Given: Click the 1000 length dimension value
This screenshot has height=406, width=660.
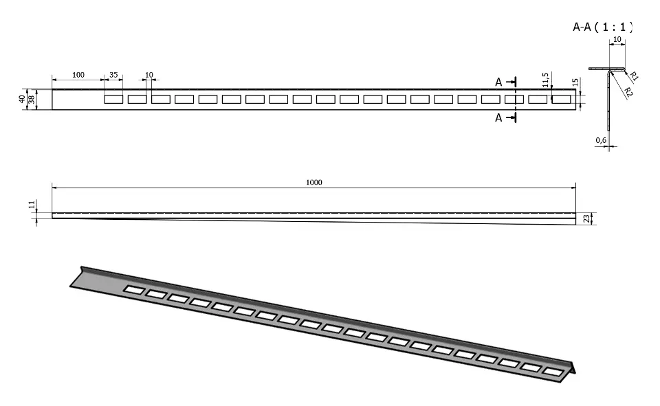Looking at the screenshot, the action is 314,182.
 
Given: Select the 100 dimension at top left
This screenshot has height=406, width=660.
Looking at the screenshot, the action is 78,75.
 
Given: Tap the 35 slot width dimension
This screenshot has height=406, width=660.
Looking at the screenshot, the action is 113,75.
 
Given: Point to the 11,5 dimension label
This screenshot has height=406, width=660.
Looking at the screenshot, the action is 545,80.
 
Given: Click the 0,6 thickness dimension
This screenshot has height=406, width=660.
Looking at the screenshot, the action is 601,140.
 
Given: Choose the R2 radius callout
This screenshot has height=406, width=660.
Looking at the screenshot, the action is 628,93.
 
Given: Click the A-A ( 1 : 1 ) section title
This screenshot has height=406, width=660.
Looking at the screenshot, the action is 603,27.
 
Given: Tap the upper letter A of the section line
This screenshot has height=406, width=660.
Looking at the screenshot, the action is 499,82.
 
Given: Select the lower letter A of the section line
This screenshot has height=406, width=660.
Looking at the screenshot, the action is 499,118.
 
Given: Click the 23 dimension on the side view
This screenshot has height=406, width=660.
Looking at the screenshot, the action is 586,218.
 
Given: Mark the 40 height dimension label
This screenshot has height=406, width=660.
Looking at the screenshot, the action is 22,100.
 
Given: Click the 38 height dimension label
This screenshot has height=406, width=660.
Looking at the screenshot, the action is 32,100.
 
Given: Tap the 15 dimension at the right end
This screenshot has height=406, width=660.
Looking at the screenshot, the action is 575,82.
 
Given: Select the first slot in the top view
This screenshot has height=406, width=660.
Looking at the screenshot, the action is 113,100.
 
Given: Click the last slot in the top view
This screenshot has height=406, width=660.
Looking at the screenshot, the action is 562,100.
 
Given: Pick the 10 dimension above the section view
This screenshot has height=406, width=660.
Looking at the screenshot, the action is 617,40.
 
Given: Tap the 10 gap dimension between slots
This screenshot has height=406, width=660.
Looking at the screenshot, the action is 149,75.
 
